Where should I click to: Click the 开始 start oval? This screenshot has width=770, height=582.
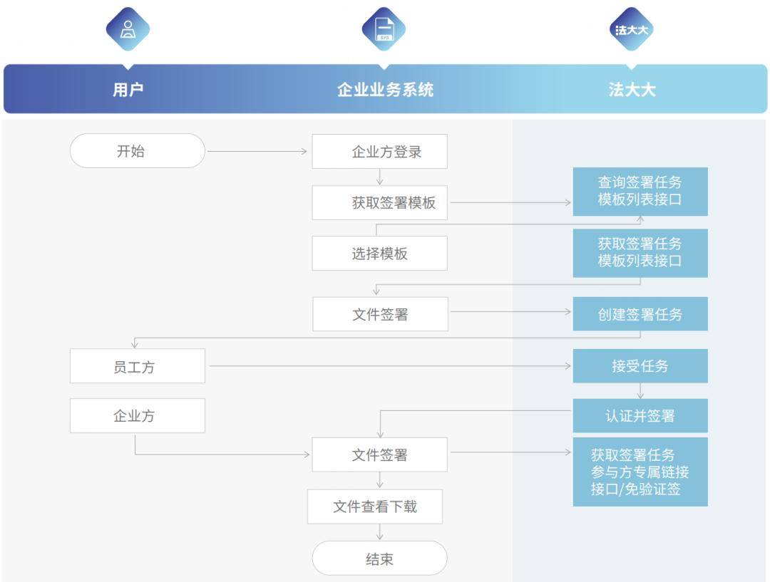[137, 150]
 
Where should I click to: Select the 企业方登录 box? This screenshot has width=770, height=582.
[379, 151]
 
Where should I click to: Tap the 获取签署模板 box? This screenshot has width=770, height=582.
[379, 202]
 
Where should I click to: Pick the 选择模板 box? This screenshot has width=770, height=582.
[379, 253]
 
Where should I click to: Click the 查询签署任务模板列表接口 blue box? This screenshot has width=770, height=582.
[640, 192]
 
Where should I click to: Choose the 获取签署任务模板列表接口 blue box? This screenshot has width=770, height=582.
[640, 253]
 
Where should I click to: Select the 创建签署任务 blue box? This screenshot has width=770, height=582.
[640, 313]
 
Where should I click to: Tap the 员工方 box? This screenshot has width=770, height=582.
[137, 365]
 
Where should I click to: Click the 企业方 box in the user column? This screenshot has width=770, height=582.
[137, 415]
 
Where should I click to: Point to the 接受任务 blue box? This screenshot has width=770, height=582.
[640, 365]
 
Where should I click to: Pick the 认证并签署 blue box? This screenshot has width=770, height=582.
[640, 415]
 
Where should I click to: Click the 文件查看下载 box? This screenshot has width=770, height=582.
[375, 506]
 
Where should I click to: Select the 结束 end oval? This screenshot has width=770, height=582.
[379, 558]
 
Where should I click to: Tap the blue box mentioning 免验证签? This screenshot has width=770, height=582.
[640, 472]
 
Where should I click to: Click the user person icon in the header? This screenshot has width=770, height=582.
[128, 29]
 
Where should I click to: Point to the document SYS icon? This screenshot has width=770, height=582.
[384, 29]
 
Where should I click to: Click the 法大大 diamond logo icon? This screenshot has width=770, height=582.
[632, 29]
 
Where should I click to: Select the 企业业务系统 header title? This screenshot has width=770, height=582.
[385, 89]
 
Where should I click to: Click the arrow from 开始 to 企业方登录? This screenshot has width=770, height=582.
[257, 151]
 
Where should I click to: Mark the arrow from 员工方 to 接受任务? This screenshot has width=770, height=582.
[390, 365]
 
